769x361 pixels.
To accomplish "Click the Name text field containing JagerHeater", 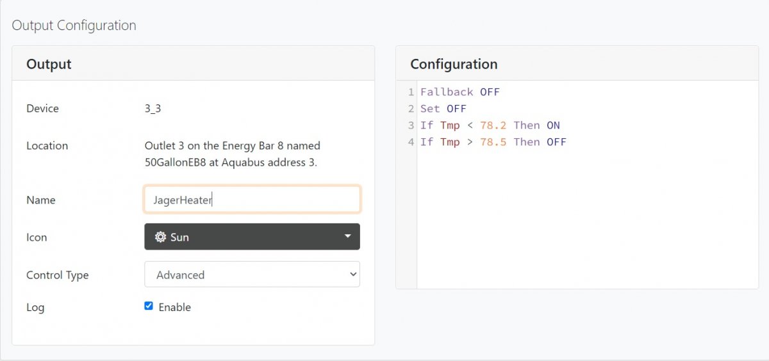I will click(x=252, y=200).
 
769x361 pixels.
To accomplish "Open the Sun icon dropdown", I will click(x=252, y=237).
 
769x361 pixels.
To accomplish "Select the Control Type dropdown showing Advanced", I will click(x=252, y=275).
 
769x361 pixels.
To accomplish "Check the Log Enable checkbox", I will click(x=149, y=306).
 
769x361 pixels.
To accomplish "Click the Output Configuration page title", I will click(x=74, y=26).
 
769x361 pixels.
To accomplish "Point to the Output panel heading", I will click(x=49, y=64).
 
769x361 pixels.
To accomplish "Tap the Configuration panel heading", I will click(x=454, y=64).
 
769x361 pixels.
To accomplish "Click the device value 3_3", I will click(x=153, y=108).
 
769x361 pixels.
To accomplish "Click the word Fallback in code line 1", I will click(x=447, y=92).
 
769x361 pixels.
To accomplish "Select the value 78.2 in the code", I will click(x=493, y=125).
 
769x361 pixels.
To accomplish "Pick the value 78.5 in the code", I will click(x=493, y=142).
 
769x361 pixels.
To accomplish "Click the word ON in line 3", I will click(x=553, y=125).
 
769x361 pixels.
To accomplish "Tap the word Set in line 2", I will click(x=430, y=109).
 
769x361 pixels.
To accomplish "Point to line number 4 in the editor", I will click(x=411, y=142).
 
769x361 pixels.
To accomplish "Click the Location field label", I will click(x=47, y=146).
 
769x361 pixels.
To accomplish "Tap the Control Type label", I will click(x=58, y=275).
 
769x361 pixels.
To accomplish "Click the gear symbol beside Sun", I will click(x=161, y=237).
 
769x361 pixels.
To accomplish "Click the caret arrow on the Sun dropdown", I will click(x=347, y=236).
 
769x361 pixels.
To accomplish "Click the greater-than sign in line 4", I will click(x=470, y=142).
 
